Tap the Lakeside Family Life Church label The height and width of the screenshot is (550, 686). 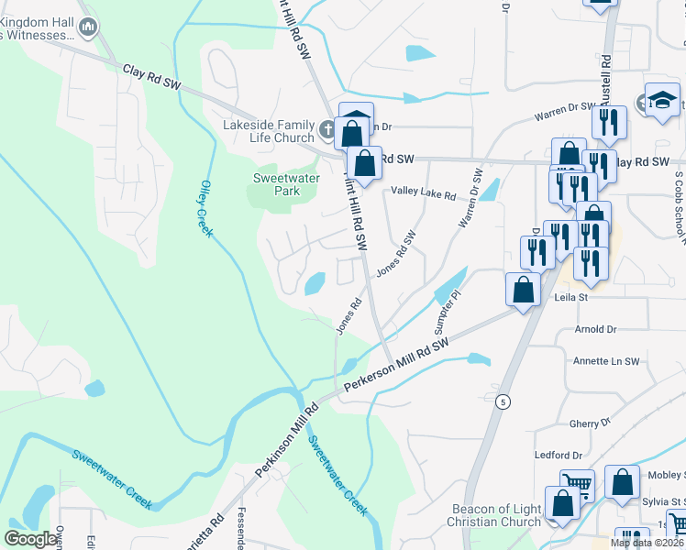tap(269, 131)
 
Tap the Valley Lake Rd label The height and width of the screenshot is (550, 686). tap(423, 194)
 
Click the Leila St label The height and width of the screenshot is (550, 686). tap(569, 297)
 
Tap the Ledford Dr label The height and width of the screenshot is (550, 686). tap(559, 455)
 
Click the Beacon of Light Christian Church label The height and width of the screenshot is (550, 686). tap(496, 515)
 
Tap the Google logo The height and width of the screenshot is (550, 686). tap(31, 539)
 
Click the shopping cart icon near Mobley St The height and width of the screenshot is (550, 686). tap(577, 485)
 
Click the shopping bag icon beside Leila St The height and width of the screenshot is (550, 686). tap(524, 290)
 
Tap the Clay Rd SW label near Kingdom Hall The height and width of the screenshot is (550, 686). tap(151, 76)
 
